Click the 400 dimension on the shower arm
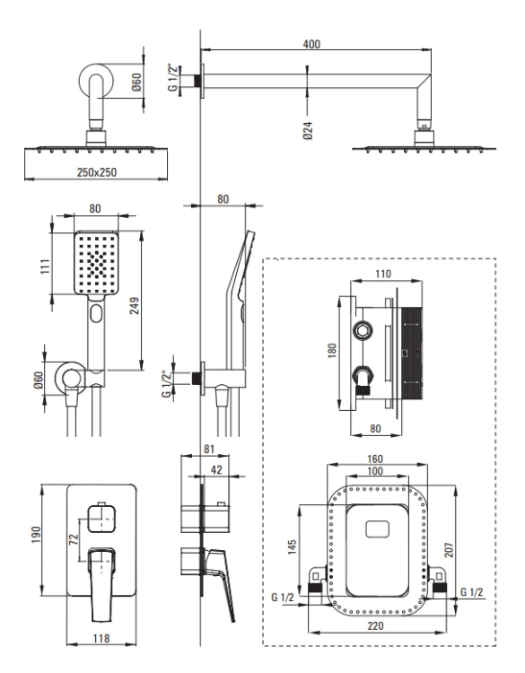click(311, 44)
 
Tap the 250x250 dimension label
click(97, 172)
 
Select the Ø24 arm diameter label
click(308, 130)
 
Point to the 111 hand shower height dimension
click(46, 267)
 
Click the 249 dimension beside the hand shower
click(135, 306)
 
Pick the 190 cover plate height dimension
click(36, 535)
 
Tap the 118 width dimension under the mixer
click(101, 639)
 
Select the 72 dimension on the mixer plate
click(74, 538)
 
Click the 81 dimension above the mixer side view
click(208, 450)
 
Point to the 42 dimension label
click(217, 470)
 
